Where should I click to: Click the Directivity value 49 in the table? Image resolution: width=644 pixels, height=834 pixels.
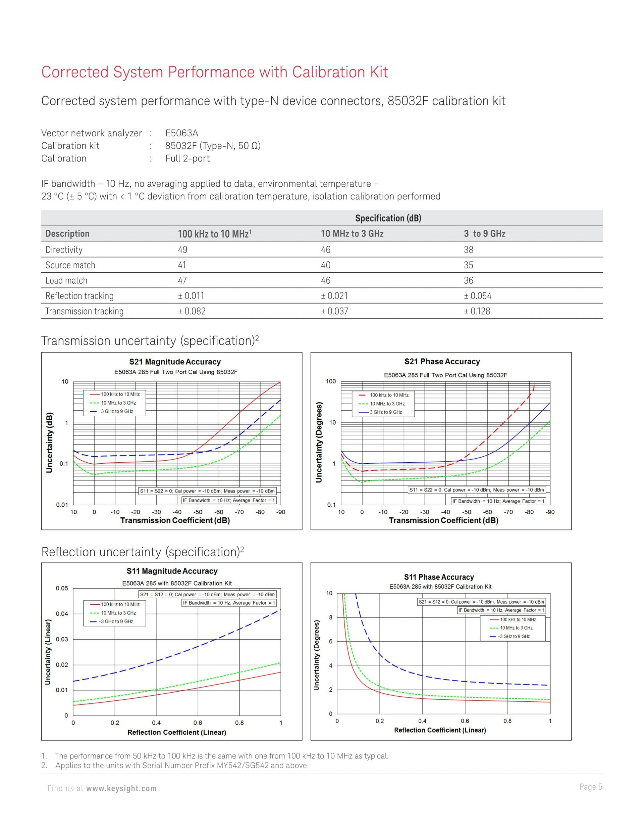pyautogui.click(x=182, y=250)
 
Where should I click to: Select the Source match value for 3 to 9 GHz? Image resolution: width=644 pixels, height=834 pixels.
pyautogui.click(x=469, y=265)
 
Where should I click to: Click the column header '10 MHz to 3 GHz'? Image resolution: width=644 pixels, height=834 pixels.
pyautogui.click(x=352, y=234)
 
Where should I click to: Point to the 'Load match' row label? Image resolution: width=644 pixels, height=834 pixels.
pyautogui.click(x=66, y=281)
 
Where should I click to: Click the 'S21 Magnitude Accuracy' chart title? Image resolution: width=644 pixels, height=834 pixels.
pyautogui.click(x=175, y=362)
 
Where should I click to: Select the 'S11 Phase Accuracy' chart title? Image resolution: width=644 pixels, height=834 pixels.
pyautogui.click(x=439, y=577)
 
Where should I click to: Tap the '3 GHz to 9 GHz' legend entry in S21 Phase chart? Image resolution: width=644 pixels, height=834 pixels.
pyautogui.click(x=385, y=412)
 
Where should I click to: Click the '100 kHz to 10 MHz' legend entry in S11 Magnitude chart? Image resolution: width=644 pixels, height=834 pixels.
pyautogui.click(x=120, y=604)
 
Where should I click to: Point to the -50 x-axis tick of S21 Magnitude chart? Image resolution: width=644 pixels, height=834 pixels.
pyautogui.click(x=198, y=512)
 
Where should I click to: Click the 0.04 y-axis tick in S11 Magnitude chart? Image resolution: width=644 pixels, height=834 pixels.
pyautogui.click(x=62, y=614)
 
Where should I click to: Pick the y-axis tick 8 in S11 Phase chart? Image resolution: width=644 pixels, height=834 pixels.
pyautogui.click(x=330, y=617)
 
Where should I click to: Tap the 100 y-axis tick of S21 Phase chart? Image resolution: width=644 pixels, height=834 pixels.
pyautogui.click(x=331, y=381)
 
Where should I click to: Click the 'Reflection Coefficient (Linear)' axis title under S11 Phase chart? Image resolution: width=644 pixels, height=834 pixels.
pyautogui.click(x=440, y=730)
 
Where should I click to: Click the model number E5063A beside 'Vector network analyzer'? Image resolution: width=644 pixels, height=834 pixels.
pyautogui.click(x=181, y=133)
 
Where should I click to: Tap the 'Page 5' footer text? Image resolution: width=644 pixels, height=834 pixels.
pyautogui.click(x=591, y=787)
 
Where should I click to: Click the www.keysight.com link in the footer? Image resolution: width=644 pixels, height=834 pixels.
pyautogui.click(x=121, y=789)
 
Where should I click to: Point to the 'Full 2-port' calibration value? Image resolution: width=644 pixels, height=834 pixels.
pyautogui.click(x=187, y=158)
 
